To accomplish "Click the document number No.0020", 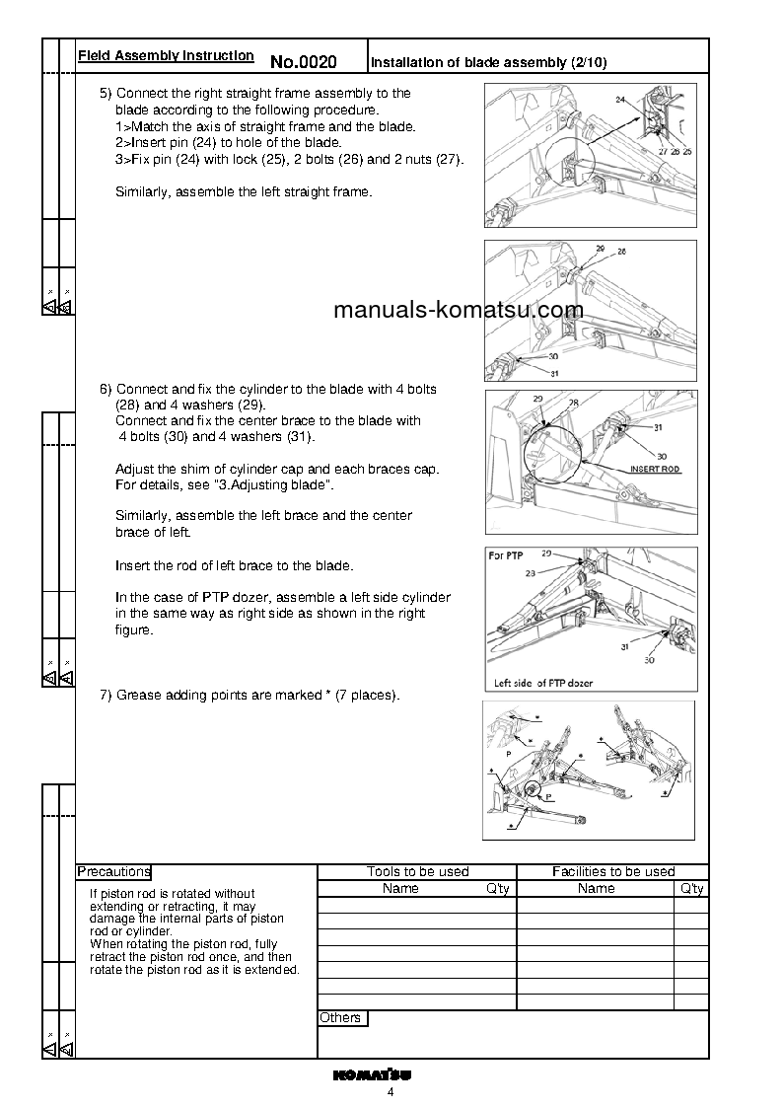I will coord(303,62).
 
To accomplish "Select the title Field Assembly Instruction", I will coord(166,56).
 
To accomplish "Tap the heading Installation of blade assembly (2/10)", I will coord(488,62).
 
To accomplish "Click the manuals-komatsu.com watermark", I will coord(459,311).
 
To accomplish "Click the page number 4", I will coord(391,1092).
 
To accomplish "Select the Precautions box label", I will coord(113,871).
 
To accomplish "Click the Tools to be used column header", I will coord(417,871).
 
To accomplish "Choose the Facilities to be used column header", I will coord(612,871).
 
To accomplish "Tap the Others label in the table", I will coord(340,1017).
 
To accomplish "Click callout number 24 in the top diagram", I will coord(620,100).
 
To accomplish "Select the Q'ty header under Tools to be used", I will coord(498,888).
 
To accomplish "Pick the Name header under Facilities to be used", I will coord(596,888).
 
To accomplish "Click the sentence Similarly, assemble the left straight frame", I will coord(244,191).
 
